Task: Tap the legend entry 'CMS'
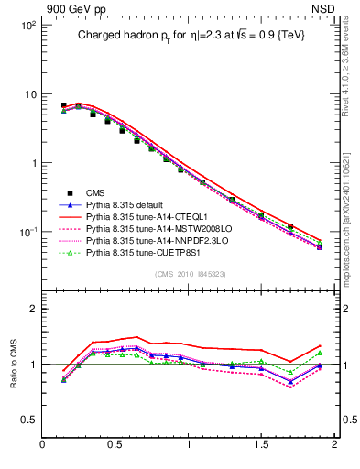96,191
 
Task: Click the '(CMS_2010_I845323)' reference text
189,273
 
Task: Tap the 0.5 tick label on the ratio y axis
30,420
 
